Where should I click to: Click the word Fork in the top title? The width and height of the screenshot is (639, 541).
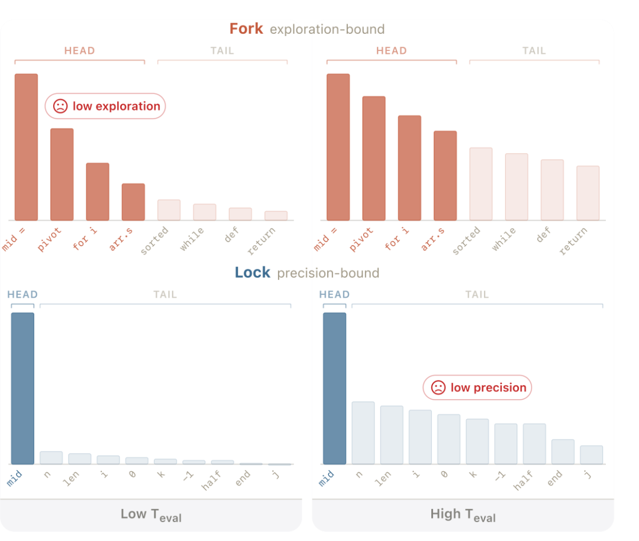246,28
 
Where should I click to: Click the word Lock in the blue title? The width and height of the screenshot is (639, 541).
253,272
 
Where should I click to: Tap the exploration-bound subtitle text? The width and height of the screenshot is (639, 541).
327,29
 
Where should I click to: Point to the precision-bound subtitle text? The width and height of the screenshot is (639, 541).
328,273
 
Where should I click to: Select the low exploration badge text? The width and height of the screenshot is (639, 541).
117,107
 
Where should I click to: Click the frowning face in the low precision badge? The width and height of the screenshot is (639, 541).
438,388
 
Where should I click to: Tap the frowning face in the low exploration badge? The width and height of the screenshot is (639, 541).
60,107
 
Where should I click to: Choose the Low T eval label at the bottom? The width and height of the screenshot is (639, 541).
151,514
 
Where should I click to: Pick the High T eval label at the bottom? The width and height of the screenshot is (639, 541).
463,514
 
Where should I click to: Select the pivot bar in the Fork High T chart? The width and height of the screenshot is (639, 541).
374,158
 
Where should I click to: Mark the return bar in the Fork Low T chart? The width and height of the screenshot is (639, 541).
276,215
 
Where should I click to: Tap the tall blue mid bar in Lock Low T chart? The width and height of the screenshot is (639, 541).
22,388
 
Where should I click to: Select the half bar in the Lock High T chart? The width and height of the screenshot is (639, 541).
534,443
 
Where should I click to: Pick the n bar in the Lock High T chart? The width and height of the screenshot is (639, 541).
363,433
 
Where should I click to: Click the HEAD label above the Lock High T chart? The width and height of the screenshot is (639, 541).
334,294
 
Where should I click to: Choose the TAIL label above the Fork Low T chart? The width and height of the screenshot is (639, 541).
222,51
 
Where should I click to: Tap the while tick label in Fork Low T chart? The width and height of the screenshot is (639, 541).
192,239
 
